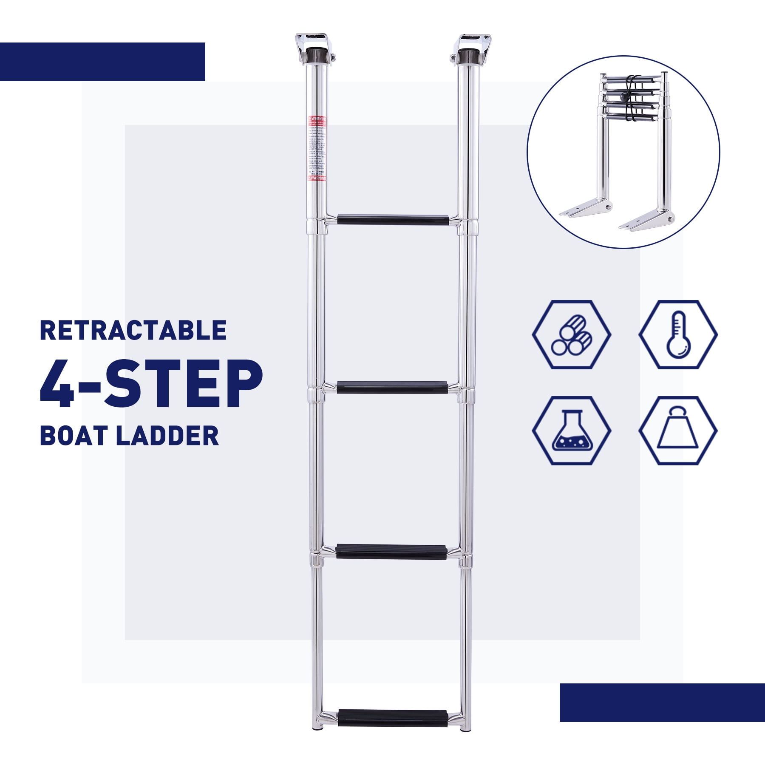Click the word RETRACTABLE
coord(133,331)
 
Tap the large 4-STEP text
coord(151,384)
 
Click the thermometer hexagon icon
coord(678,334)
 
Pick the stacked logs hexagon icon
coord(571,334)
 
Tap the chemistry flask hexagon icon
coord(571,431)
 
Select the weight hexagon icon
coord(678,431)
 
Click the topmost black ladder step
coord(393,220)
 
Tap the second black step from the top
coord(392,387)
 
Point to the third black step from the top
coord(391,551)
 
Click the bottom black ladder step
coord(392,718)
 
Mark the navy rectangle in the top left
coord(102,62)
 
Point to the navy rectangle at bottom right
coord(662,703)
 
